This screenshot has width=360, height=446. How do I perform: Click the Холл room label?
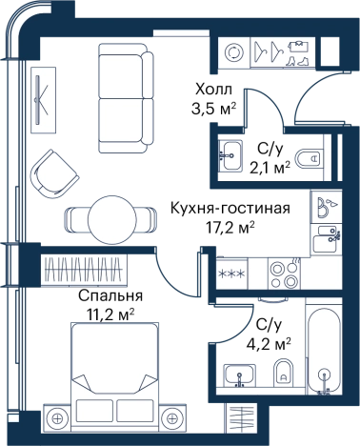click(213, 90)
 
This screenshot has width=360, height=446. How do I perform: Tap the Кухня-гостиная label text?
click(230, 209)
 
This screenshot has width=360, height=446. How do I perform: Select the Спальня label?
click(110, 296)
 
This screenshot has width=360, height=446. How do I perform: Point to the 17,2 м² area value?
click(230, 227)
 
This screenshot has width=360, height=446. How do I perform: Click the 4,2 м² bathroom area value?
click(269, 343)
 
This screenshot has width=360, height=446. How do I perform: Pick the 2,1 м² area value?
click(270, 167)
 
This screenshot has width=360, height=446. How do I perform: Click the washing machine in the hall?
click(233, 51)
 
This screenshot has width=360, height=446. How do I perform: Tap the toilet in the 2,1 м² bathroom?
click(308, 157)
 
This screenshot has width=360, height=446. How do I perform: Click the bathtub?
click(324, 347)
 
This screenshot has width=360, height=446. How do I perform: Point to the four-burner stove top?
click(284, 274)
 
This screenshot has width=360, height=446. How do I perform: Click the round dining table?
click(112, 219)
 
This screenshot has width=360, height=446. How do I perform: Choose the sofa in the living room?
click(126, 98)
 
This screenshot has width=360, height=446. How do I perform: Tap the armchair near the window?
click(54, 174)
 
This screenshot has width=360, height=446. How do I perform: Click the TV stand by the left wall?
click(44, 100)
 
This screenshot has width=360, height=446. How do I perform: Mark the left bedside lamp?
click(57, 418)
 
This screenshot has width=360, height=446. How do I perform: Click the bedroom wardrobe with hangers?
click(84, 269)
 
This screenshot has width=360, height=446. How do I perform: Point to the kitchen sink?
click(327, 240)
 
